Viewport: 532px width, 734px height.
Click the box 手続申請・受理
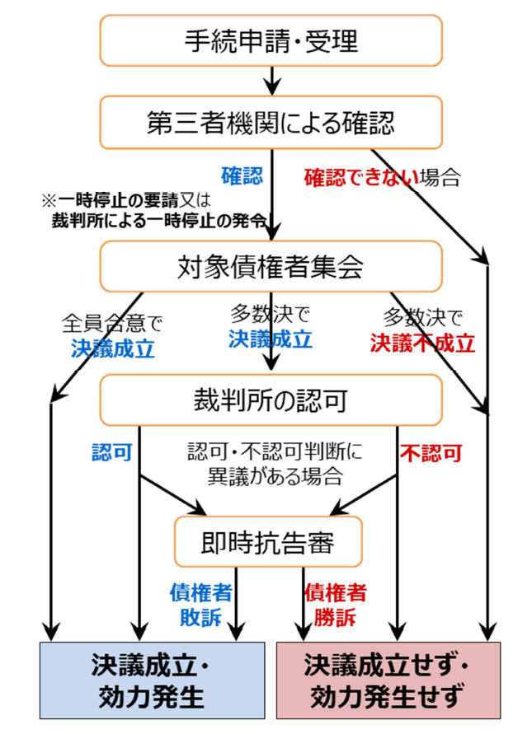pyautogui.click(x=271, y=40)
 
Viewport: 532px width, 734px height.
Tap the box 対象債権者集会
pyautogui.click(x=271, y=265)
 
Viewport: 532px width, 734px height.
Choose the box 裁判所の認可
pyautogui.click(x=271, y=401)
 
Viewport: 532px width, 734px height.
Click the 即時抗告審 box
pyautogui.click(x=269, y=540)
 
